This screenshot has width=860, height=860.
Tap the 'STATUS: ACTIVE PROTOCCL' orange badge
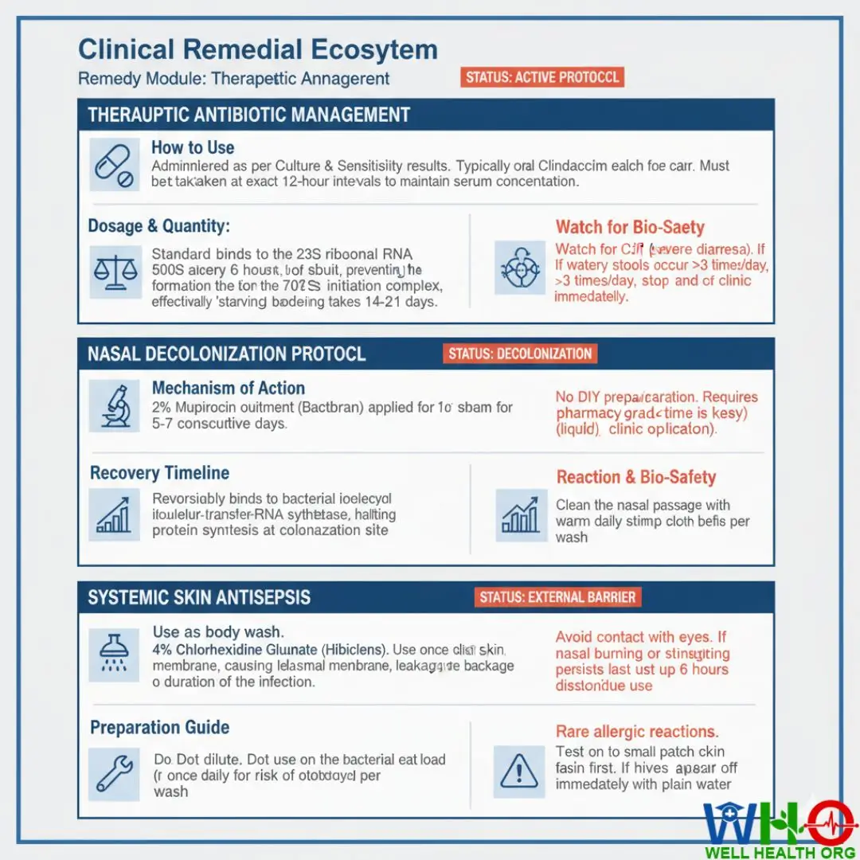(541, 77)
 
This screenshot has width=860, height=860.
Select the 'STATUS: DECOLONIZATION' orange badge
(520, 354)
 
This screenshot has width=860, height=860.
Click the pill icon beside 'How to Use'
(114, 164)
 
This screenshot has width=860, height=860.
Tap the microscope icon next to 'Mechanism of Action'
(114, 405)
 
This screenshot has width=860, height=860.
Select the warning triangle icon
(519, 772)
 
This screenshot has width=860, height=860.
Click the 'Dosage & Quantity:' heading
(158, 227)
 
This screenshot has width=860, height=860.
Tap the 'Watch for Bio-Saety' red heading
(630, 228)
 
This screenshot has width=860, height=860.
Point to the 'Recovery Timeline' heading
(159, 473)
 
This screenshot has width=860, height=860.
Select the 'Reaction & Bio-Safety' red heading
(636, 478)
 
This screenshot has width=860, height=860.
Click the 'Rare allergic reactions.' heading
(637, 732)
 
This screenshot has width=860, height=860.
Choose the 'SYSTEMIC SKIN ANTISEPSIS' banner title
(199, 598)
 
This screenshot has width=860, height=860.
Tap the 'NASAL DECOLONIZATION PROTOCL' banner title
(227, 354)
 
